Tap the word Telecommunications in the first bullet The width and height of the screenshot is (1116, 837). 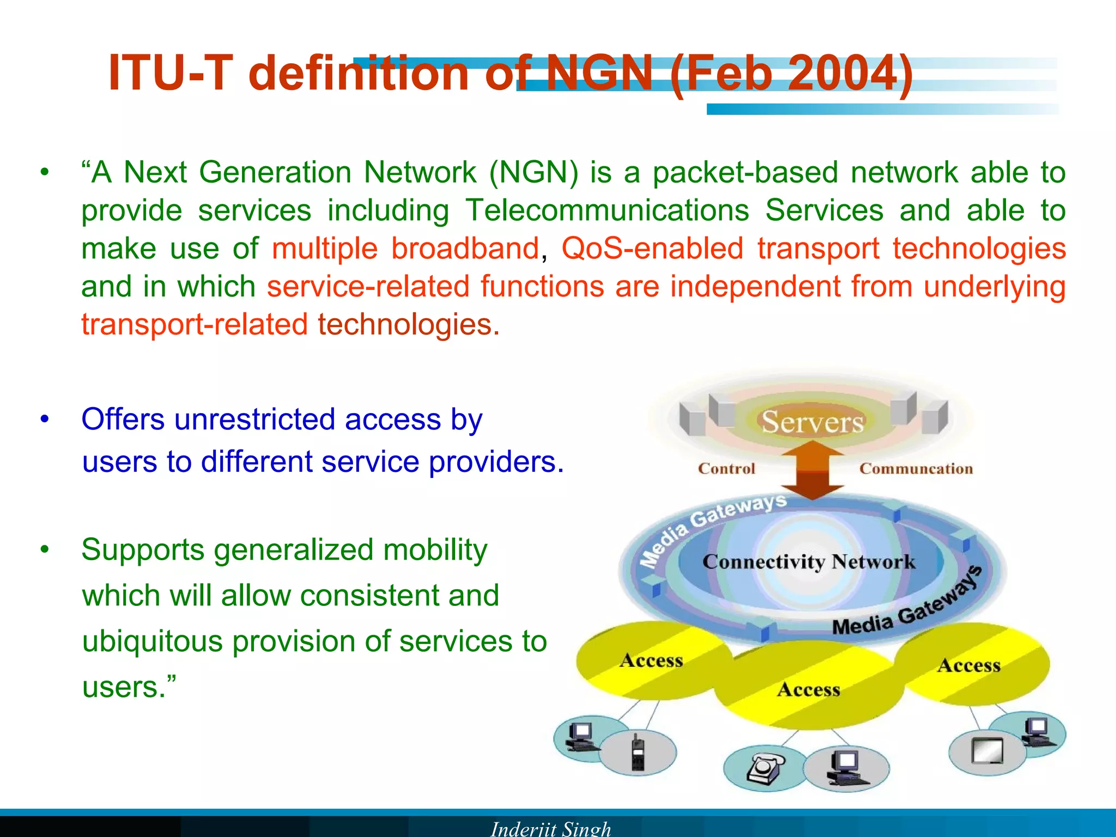pos(606,210)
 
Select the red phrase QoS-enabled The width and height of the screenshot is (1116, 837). pos(652,248)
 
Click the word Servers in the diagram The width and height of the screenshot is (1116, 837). pos(812,422)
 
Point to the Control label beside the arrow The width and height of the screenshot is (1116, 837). pos(726,469)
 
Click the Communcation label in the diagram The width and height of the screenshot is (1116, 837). pos(915,469)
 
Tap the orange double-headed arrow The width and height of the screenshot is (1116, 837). pos(812,470)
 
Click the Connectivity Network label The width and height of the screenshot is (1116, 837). pos(809,562)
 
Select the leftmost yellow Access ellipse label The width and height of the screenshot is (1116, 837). pos(651,660)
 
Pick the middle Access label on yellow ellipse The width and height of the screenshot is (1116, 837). pos(809,690)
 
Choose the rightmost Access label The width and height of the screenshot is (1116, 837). pos(969,665)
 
